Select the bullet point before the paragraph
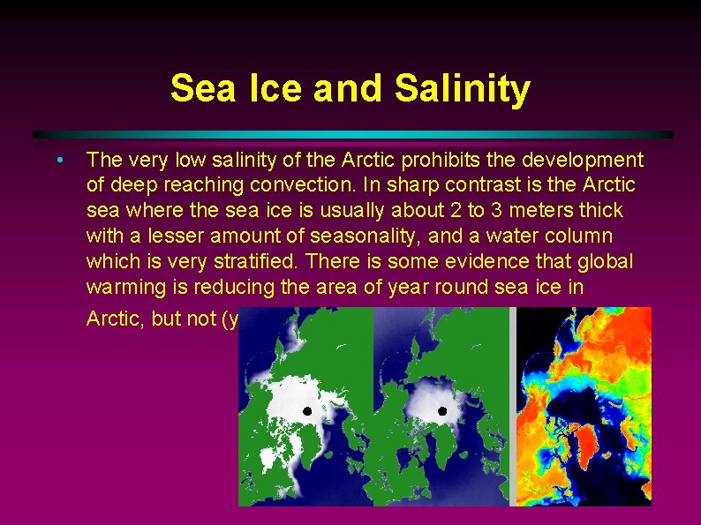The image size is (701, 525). pyautogui.click(x=57, y=161)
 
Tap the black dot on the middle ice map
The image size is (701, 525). pyautogui.click(x=442, y=411)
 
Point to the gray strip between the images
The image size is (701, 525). pyautogui.click(x=511, y=406)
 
